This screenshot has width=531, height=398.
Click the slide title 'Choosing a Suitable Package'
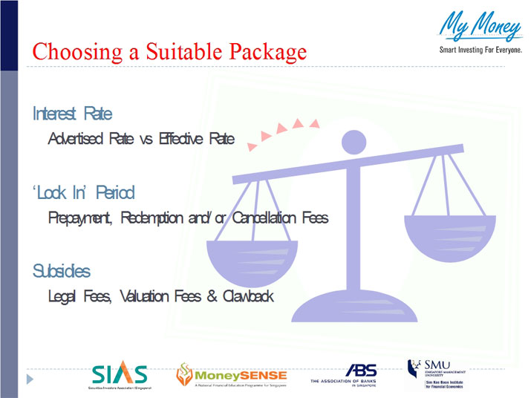(x=169, y=52)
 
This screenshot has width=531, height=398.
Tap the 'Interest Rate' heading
(x=72, y=114)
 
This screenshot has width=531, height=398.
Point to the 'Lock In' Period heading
(x=83, y=193)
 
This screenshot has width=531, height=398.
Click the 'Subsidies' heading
(x=62, y=271)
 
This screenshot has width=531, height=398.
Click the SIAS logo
(x=120, y=376)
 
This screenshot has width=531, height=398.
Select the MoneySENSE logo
(x=230, y=376)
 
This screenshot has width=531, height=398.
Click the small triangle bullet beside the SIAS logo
(x=30, y=379)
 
